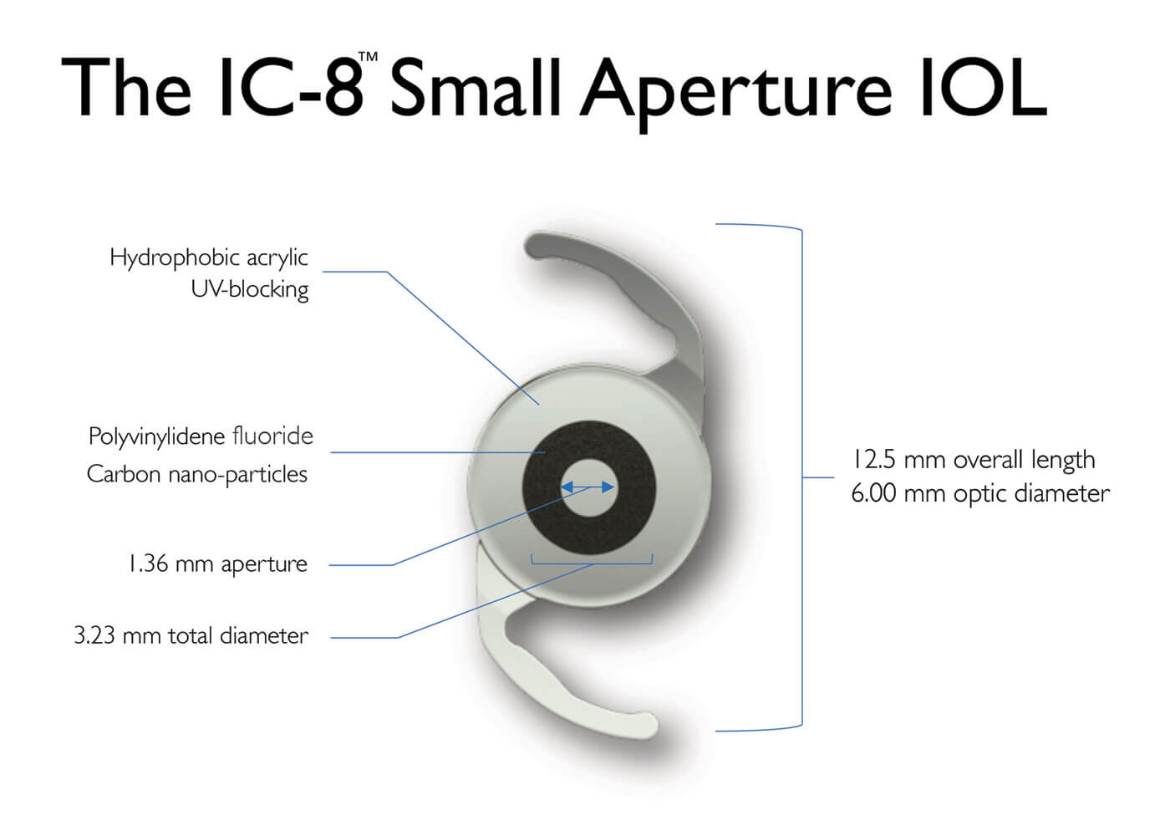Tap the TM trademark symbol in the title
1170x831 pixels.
[x=368, y=57]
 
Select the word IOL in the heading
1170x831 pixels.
[x=983, y=86]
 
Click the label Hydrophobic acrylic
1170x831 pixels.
[x=208, y=258]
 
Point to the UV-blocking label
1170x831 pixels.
[x=250, y=289]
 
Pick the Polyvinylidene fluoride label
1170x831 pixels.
[x=201, y=436]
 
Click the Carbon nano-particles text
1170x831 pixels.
[x=197, y=474]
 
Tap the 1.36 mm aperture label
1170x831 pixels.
[x=218, y=564]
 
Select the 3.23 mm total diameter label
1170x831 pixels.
[x=191, y=636]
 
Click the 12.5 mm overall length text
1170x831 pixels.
[x=974, y=460]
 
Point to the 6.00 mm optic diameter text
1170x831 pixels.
[x=980, y=493]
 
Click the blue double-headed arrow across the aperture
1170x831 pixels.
[x=588, y=487]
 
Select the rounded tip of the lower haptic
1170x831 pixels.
[x=647, y=726]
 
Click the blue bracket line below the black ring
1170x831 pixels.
[x=592, y=564]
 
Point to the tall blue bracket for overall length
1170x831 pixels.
[x=801, y=477]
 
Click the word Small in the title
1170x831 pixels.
[x=475, y=86]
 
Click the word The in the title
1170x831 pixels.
[x=126, y=86]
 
